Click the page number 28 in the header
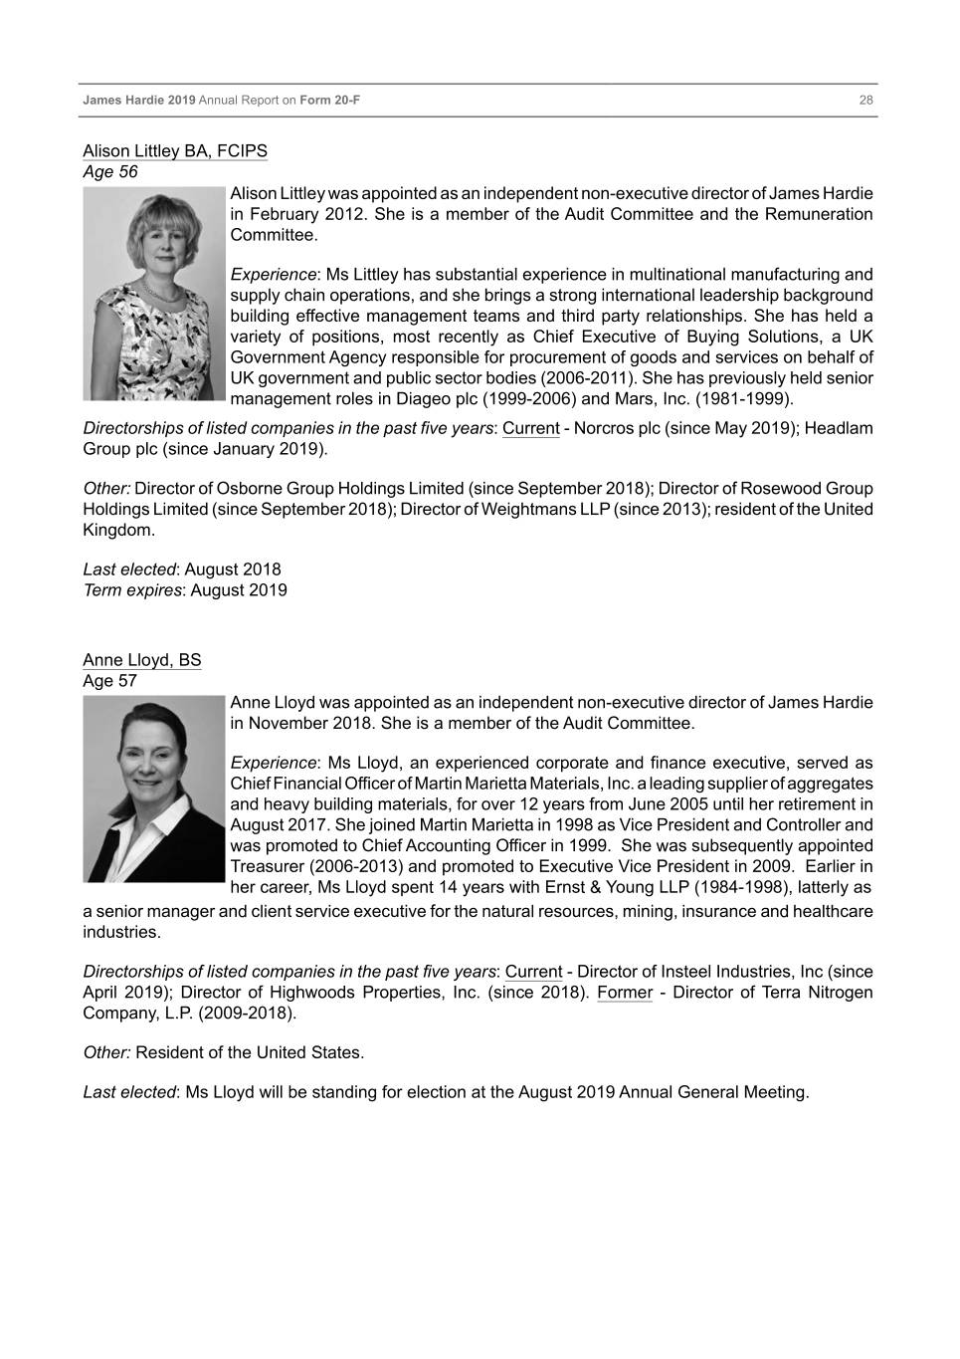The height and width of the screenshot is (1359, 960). pyautogui.click(x=865, y=101)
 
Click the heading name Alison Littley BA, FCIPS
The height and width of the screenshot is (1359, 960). pyautogui.click(x=175, y=151)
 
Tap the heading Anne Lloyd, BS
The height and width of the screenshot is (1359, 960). pyautogui.click(x=141, y=660)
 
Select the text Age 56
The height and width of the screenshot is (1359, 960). pyautogui.click(x=110, y=171)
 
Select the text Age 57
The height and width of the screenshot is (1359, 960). pyautogui.click(x=109, y=681)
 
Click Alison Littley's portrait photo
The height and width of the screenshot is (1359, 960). pyautogui.click(x=154, y=294)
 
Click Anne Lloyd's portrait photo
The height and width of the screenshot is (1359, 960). pyautogui.click(x=154, y=789)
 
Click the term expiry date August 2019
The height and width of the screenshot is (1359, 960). pyautogui.click(x=239, y=589)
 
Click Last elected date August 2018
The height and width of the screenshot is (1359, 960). pyautogui.click(x=233, y=569)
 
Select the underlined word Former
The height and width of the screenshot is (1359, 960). pyautogui.click(x=625, y=993)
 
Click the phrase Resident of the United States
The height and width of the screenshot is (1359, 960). pyautogui.click(x=250, y=1052)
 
